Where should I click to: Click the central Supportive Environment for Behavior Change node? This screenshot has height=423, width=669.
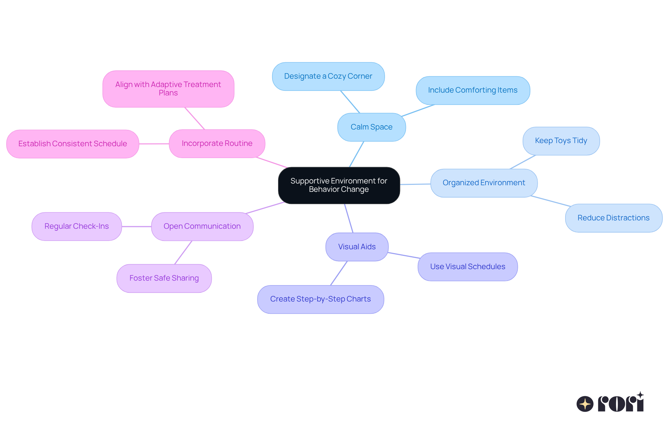pyautogui.click(x=339, y=185)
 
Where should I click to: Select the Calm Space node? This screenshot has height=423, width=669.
pyautogui.click(x=371, y=127)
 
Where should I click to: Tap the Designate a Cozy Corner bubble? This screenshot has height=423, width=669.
pyautogui.click(x=328, y=76)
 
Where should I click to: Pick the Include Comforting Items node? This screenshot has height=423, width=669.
pyautogui.click(x=473, y=90)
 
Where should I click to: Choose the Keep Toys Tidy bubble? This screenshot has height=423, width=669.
pyautogui.click(x=561, y=141)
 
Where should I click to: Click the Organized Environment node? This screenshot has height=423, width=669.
pyautogui.click(x=484, y=183)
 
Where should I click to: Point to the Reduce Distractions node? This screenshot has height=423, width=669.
pyautogui.click(x=613, y=218)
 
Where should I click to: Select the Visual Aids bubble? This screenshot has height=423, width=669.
pyautogui.click(x=357, y=247)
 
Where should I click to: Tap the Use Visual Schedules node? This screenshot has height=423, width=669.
pyautogui.click(x=468, y=267)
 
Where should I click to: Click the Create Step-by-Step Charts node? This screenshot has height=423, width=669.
pyautogui.click(x=321, y=299)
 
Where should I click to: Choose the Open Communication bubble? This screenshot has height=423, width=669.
pyautogui.click(x=202, y=226)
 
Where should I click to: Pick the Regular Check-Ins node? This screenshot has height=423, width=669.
pyautogui.click(x=77, y=226)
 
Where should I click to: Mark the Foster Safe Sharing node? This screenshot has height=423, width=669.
pyautogui.click(x=164, y=278)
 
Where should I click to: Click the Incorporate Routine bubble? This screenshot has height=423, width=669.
pyautogui.click(x=217, y=143)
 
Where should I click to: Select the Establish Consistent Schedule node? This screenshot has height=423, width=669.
pyautogui.click(x=72, y=144)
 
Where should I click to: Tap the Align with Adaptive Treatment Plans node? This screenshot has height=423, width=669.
pyautogui.click(x=168, y=89)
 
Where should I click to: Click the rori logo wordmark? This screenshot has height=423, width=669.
pyautogui.click(x=621, y=403)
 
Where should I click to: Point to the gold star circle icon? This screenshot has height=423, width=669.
pyautogui.click(x=585, y=404)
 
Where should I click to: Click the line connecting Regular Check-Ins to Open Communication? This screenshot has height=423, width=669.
pyautogui.click(x=136, y=227)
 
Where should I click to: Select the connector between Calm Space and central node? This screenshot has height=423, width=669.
pyautogui.click(x=356, y=154)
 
